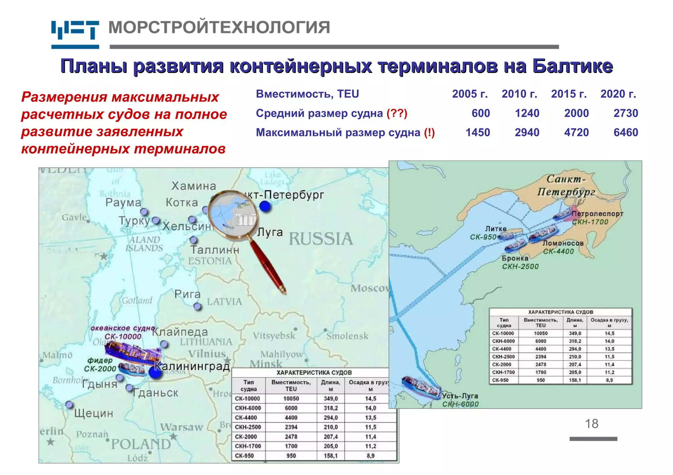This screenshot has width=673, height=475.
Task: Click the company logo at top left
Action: click(75, 34)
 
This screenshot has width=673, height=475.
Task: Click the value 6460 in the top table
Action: click(625, 132)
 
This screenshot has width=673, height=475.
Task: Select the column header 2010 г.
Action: click(519, 94)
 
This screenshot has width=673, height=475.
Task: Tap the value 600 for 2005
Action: click(480, 113)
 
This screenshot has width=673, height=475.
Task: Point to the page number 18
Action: click(592, 424)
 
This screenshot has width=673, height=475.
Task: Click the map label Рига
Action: click(187, 294)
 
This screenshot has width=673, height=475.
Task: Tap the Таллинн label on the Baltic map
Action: click(215, 250)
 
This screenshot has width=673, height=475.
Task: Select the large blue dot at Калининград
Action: click(155, 373)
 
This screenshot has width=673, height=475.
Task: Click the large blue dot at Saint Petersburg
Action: click(265, 206)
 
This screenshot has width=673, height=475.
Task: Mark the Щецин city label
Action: click(94, 413)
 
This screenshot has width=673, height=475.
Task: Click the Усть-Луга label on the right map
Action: click(460, 396)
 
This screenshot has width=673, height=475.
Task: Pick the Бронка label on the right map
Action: click(515, 258)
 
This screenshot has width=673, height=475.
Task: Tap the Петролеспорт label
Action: click(597, 214)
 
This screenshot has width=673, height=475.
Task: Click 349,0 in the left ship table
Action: click(331, 399)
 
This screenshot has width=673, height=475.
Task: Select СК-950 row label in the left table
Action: click(244, 456)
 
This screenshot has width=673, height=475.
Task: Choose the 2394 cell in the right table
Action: click(541, 356)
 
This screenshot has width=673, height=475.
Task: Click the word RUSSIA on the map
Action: click(320, 239)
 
